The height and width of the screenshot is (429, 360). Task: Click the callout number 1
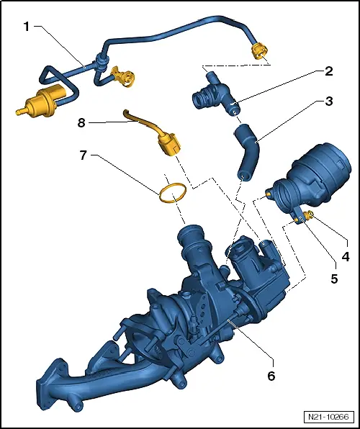pos(27,27)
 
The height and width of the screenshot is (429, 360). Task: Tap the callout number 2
pos(328,71)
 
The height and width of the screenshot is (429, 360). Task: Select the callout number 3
pos(329,101)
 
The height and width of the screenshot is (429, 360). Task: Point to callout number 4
pos(346,257)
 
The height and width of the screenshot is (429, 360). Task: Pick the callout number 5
pos(334,279)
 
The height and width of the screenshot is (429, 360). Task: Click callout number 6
pos(271,376)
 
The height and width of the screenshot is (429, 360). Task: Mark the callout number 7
pos(84,155)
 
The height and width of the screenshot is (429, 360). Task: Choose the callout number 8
pos(81,123)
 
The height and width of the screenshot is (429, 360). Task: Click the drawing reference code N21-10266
pos(328,417)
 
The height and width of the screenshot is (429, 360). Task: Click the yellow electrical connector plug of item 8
pos(169,143)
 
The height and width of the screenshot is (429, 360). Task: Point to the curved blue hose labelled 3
pos(247,153)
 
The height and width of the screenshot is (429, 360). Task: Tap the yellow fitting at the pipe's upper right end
pos(259,52)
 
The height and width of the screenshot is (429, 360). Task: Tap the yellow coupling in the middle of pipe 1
pos(123,76)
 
